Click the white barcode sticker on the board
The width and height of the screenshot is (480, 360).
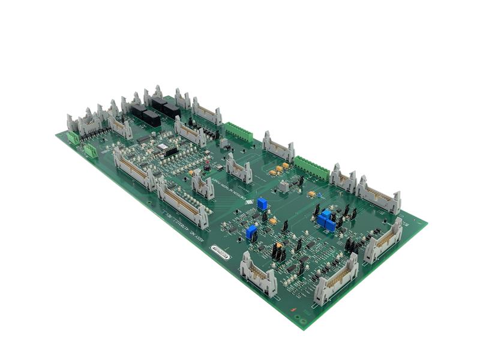[x=220, y=252]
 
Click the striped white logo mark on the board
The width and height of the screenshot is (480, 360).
[x=248, y=203]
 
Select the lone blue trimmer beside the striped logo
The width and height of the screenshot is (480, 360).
[x=262, y=204]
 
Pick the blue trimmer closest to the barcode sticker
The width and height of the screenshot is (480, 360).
[x=251, y=232]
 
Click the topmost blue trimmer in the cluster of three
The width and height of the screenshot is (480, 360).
[x=326, y=214]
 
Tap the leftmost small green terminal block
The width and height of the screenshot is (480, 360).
[x=73, y=137]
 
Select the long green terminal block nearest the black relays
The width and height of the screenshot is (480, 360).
[x=239, y=132]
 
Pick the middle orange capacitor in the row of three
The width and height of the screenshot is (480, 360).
[x=279, y=169]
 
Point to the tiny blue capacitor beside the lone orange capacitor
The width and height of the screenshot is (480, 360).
[x=320, y=195]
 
